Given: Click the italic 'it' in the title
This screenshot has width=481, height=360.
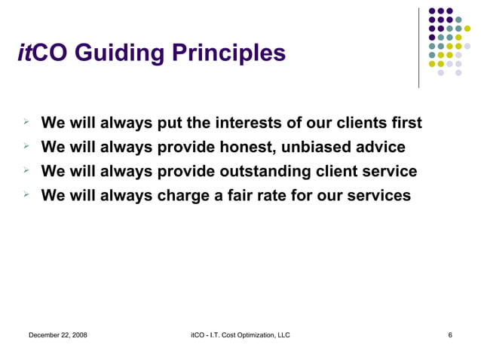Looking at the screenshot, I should click(x=24, y=53).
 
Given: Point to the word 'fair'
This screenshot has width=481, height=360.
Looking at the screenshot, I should click(x=248, y=195).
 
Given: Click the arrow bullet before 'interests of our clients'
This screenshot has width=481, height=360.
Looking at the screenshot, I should click(x=25, y=121).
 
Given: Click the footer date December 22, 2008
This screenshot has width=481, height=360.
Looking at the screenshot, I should click(x=57, y=334).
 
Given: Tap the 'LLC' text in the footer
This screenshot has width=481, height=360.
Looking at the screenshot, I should click(x=282, y=334).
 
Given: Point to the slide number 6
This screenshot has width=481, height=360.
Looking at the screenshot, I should click(x=450, y=334).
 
